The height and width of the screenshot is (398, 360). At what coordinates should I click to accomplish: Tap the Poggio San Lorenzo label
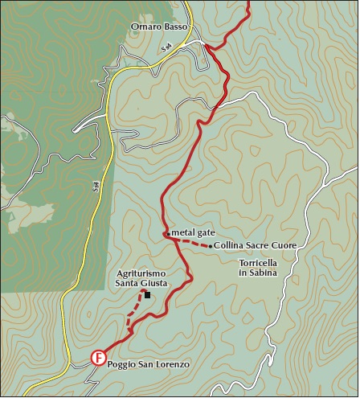pyautogui.click(x=148, y=365)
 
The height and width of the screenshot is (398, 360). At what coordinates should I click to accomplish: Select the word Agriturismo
pyautogui.click(x=141, y=272)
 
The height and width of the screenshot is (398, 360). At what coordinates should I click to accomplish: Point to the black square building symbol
pyautogui.click(x=147, y=294)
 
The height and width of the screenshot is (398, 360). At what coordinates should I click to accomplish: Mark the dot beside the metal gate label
pyautogui.click(x=167, y=234)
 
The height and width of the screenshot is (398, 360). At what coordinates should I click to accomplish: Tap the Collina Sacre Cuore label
pyautogui.click(x=256, y=245)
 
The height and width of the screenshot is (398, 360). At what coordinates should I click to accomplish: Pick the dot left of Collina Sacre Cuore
pyautogui.click(x=211, y=245)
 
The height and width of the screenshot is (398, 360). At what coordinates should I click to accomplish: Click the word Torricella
pyautogui.click(x=257, y=263)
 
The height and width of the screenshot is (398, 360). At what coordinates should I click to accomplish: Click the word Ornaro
pyautogui.click(x=145, y=27)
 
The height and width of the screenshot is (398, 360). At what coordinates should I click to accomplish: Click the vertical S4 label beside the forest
pyautogui.click(x=94, y=186)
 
